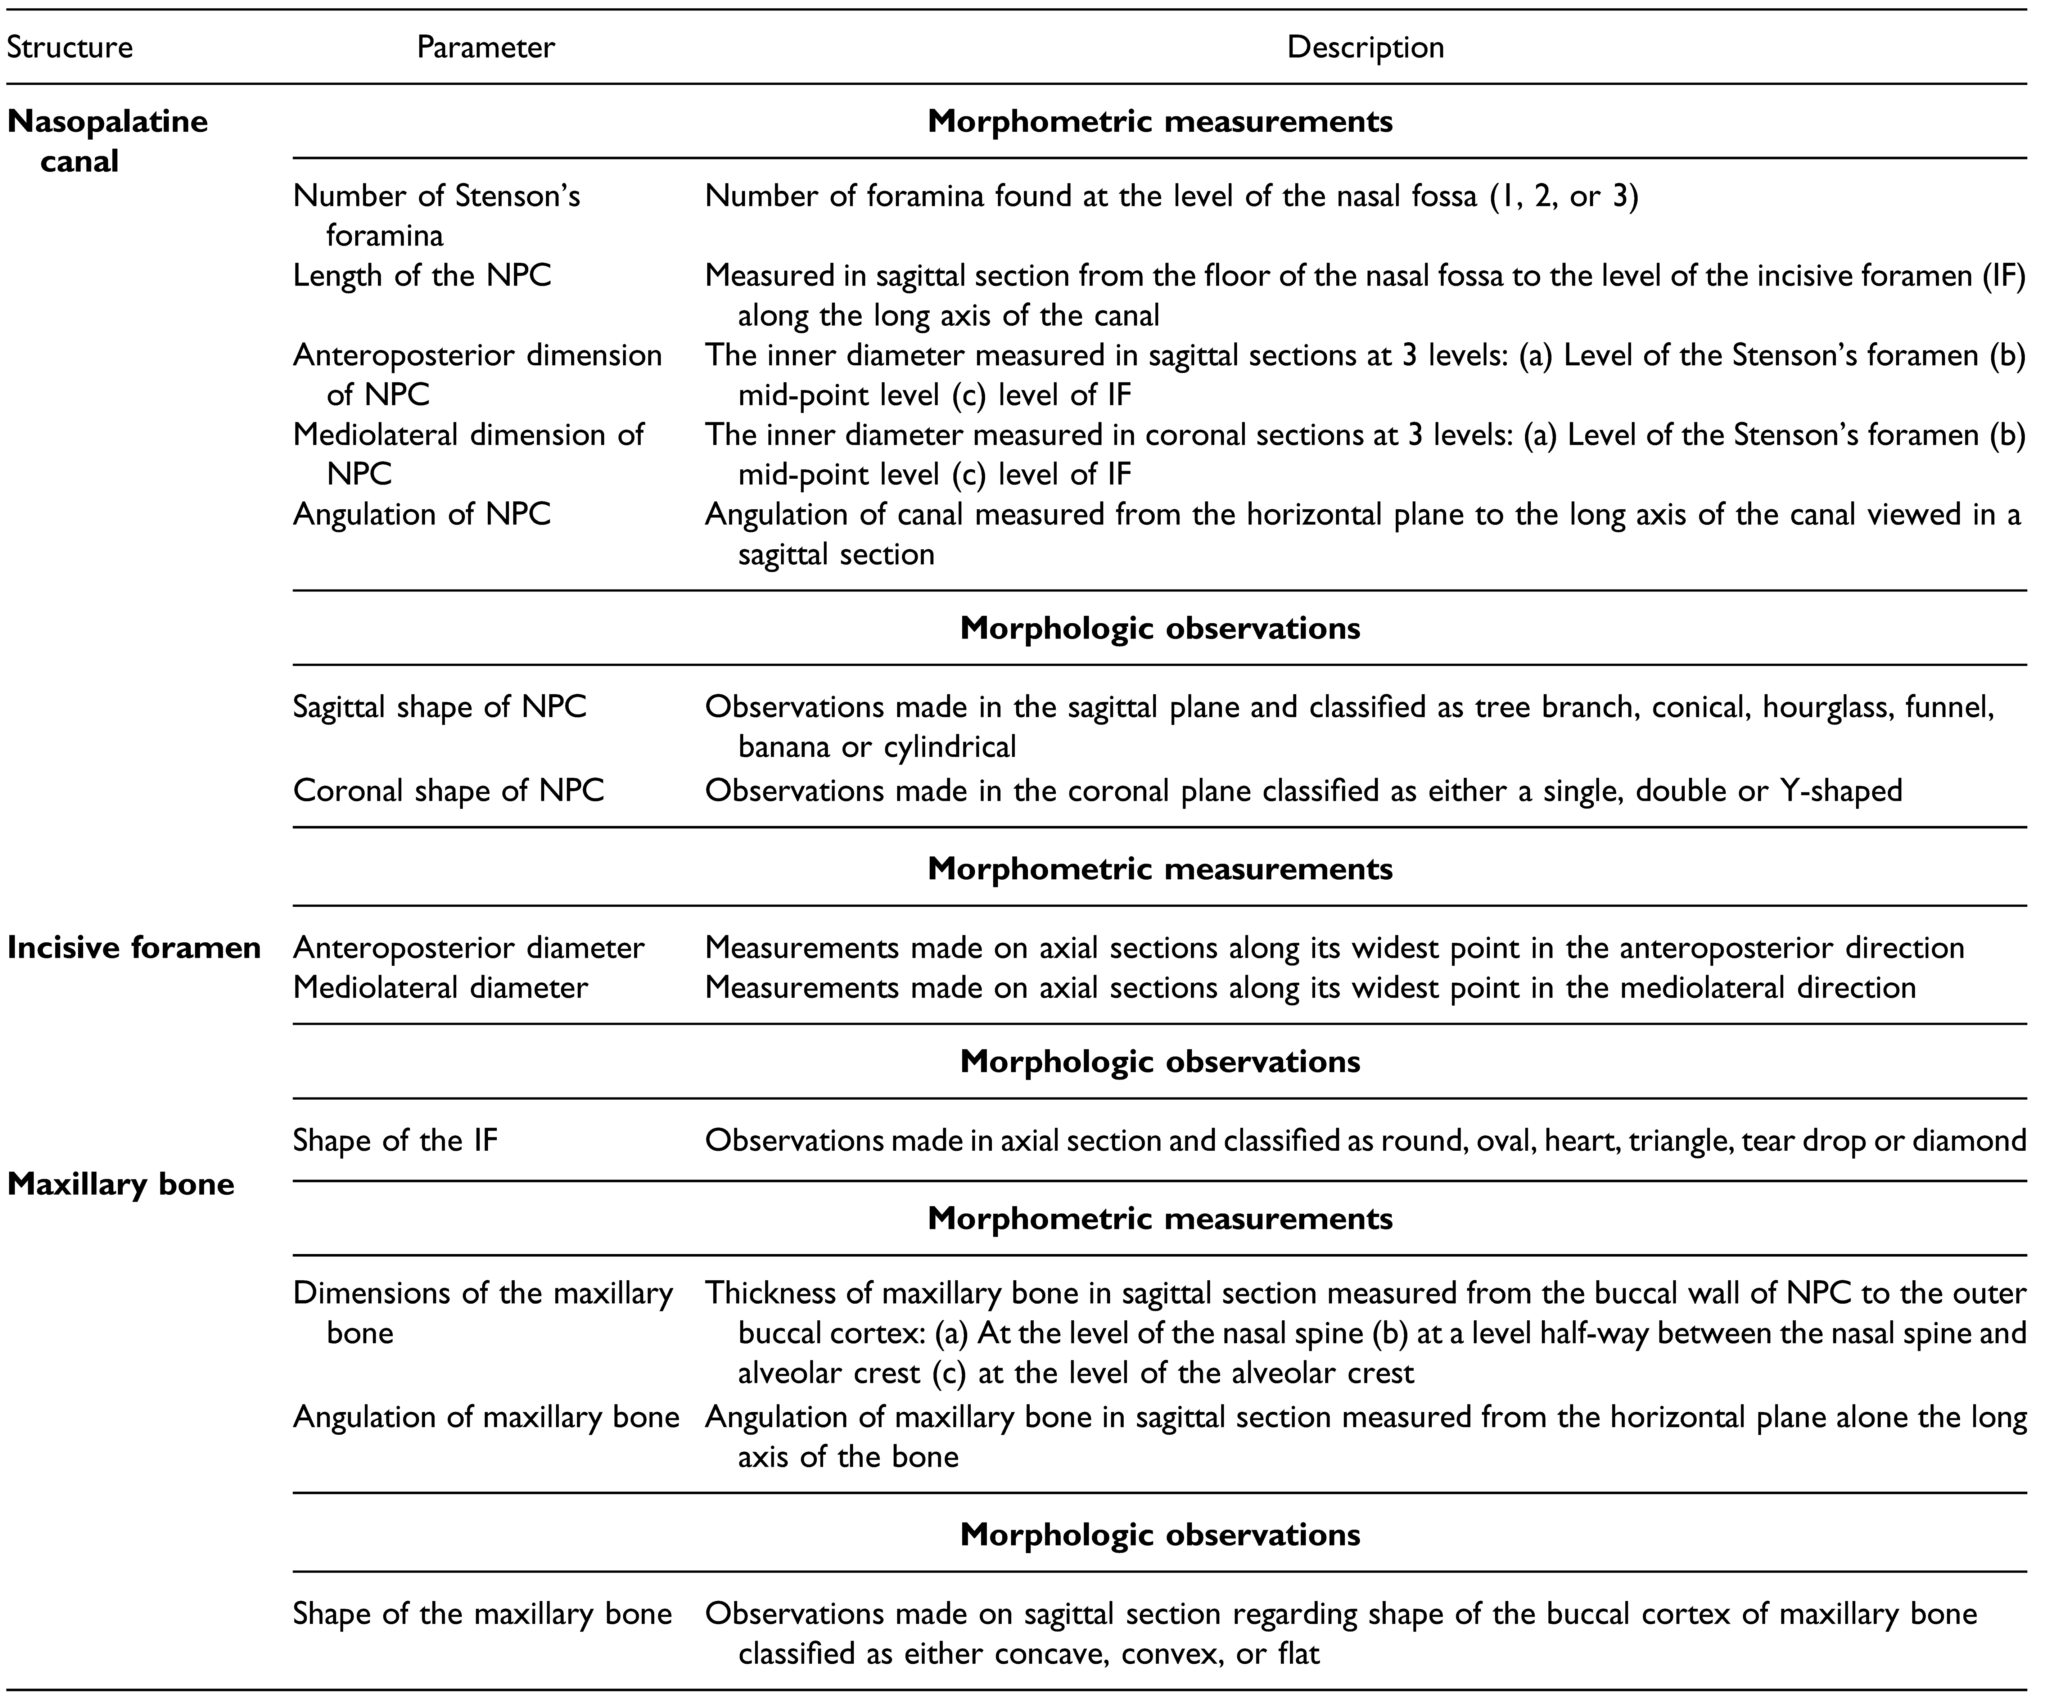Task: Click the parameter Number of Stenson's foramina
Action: pyautogui.click(x=436, y=215)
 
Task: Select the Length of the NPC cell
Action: pyautogui.click(x=422, y=276)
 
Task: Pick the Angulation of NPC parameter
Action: pyautogui.click(x=422, y=514)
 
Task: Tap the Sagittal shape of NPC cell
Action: pyautogui.click(x=439, y=707)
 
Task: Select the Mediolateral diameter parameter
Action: pyautogui.click(x=440, y=988)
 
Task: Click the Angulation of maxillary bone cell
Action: pyautogui.click(x=486, y=1417)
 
